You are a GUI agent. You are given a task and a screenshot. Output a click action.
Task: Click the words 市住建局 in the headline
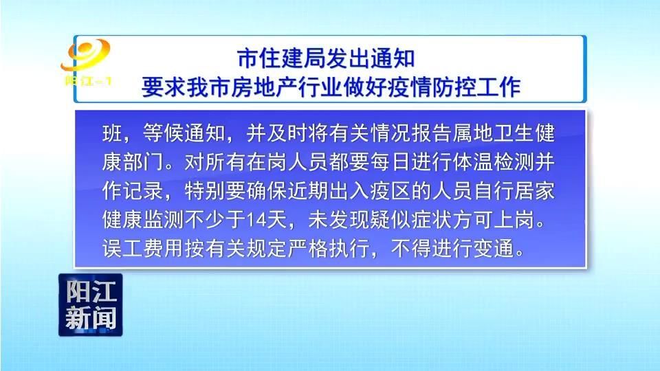282,58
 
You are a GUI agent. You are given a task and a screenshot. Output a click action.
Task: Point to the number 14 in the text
256,220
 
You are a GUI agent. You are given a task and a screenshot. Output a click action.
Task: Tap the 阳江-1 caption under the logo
88,80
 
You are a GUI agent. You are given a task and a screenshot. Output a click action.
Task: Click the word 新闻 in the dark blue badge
91,318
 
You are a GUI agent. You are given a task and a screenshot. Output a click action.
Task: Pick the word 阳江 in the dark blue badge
91,291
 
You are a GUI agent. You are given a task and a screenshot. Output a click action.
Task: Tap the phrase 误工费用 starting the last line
143,249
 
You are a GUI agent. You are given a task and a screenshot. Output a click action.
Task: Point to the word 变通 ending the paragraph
494,249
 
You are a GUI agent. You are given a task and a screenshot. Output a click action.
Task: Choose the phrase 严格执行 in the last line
329,249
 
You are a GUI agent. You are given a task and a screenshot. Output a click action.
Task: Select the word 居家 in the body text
535,191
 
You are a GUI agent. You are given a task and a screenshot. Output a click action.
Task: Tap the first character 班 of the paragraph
112,133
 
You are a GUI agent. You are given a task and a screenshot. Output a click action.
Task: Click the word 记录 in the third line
143,191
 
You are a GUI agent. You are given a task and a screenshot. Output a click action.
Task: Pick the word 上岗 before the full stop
514,220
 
